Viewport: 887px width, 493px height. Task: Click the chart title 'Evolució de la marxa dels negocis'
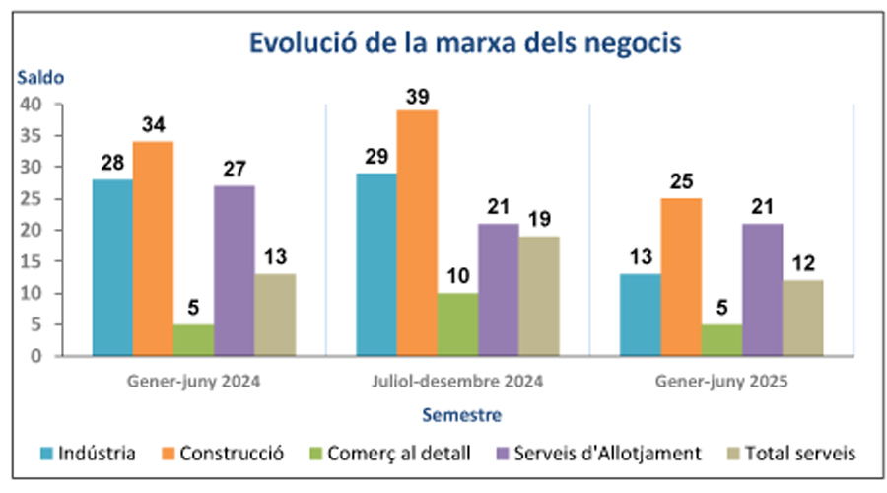(x=465, y=44)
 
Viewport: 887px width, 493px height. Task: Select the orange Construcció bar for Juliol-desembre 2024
(x=417, y=232)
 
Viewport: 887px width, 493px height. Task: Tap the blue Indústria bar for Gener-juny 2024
(x=112, y=266)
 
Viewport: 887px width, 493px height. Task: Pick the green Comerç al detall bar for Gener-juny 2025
(x=722, y=339)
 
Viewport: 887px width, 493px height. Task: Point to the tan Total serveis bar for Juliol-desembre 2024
(x=539, y=295)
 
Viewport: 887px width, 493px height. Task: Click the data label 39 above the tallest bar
(x=417, y=96)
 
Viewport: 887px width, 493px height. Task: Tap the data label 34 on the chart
(x=153, y=127)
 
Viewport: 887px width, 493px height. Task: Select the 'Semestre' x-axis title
(x=460, y=414)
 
